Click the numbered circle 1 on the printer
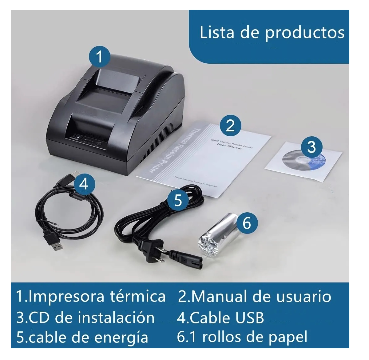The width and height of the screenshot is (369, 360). [99, 57]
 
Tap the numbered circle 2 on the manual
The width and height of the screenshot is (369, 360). [230, 125]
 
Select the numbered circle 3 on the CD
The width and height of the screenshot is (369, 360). [311, 146]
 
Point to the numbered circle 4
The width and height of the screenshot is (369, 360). [84, 184]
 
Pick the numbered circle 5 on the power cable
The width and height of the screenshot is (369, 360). [178, 200]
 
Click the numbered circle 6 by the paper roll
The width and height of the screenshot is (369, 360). [247, 222]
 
